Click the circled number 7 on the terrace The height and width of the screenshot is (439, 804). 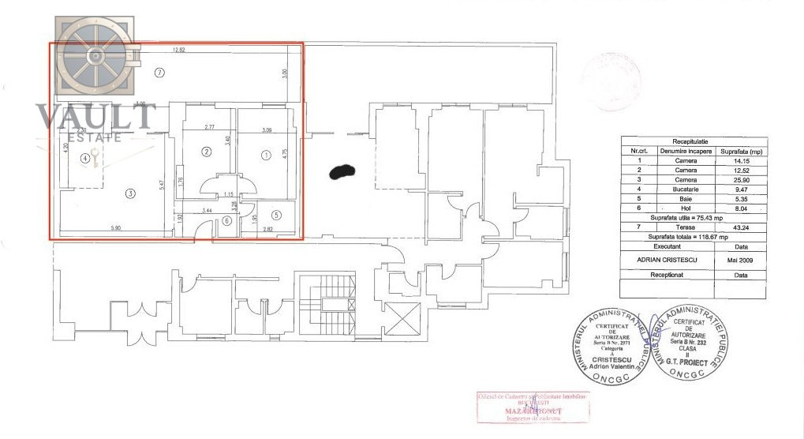click(159, 73)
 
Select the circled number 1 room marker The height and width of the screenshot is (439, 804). click(266, 155)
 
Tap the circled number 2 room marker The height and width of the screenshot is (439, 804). click(206, 152)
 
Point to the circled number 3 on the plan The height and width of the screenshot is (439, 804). click(131, 193)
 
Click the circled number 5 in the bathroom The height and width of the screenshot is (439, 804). click(277, 214)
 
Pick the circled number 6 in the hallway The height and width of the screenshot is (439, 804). click(226, 221)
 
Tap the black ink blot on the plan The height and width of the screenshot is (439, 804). click(342, 170)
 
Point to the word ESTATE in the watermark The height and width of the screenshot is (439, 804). click(95, 137)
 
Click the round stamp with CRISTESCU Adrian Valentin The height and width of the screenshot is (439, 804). click(611, 340)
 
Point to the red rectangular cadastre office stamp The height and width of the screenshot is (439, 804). click(533, 406)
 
